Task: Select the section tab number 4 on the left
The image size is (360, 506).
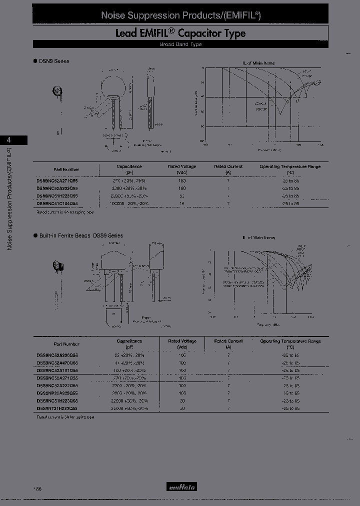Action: (8, 140)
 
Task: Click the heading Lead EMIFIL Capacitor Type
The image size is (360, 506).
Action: (180, 33)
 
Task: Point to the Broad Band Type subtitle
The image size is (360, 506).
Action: (180, 44)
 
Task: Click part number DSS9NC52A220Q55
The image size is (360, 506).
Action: (57, 353)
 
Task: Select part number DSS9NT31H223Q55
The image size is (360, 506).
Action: (57, 408)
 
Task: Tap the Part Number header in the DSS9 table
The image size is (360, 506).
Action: (66, 344)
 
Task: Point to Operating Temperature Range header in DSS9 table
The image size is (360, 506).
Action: (290, 343)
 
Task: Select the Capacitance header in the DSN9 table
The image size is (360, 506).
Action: (129, 168)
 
